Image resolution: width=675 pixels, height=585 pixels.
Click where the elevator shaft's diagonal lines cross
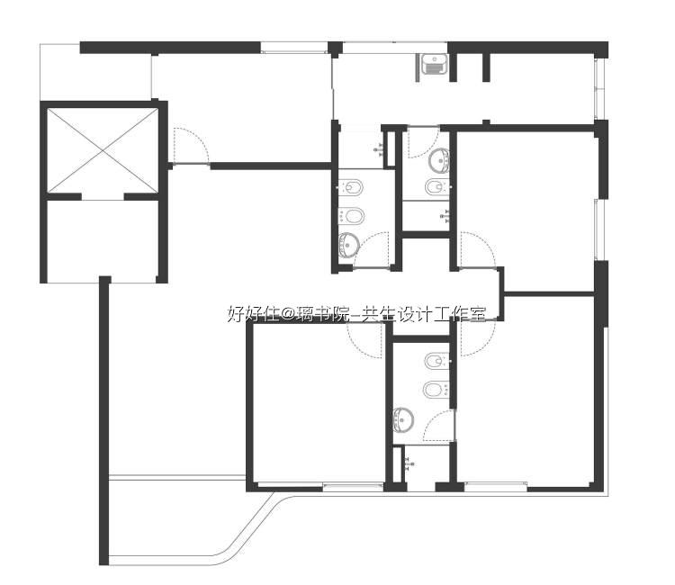103,150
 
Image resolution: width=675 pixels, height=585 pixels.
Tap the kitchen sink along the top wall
434,65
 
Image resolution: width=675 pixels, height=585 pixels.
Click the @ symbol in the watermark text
287,314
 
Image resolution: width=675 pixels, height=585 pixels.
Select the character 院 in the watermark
336,314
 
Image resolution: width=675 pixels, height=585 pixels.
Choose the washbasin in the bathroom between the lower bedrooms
403,418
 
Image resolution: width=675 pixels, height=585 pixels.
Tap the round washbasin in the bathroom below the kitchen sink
439,159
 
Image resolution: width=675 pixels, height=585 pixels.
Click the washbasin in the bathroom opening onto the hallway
348,245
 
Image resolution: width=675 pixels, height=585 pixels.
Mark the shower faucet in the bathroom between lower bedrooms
409,463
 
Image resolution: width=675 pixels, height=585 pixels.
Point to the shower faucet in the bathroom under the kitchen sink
445,214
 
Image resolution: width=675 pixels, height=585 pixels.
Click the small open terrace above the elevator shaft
95,72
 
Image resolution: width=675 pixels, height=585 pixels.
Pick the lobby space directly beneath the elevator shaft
103,241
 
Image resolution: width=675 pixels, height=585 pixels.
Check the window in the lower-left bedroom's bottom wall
353,487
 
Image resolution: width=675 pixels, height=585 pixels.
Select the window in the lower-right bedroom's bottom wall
496,487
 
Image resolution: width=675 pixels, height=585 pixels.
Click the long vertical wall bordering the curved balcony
104,420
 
